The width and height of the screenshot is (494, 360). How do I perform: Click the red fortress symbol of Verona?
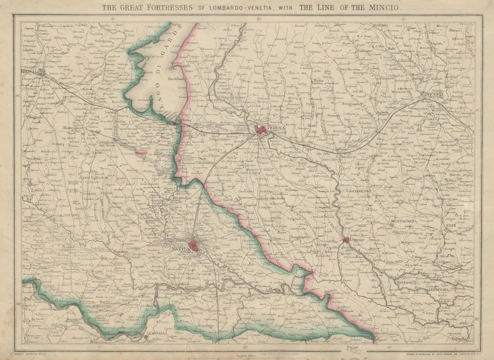261,130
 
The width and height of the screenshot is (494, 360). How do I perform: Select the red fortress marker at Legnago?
346,240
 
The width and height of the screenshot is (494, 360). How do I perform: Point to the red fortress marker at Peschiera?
177,123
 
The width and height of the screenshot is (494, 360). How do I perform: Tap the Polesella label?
460,338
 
